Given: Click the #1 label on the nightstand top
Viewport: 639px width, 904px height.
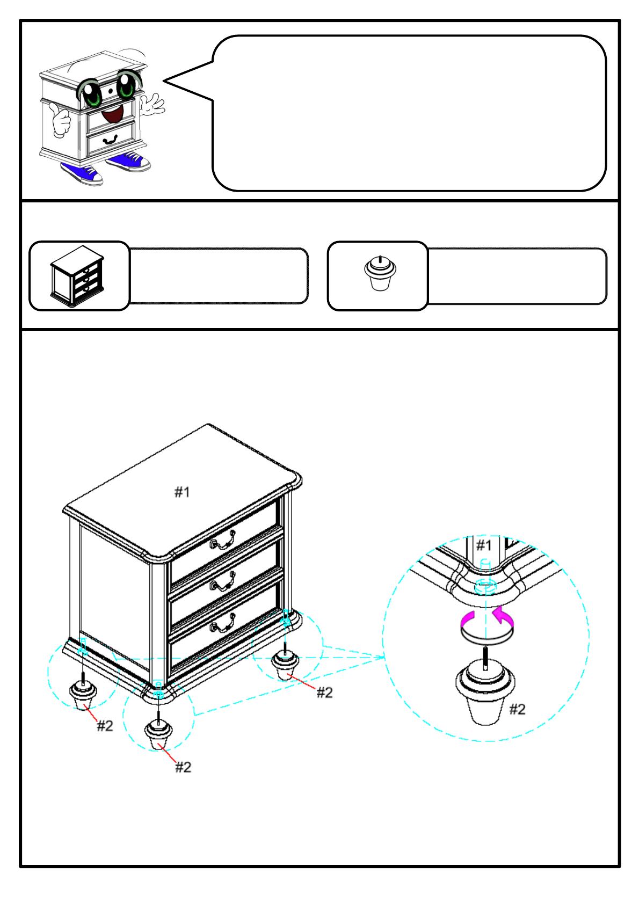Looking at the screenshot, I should (x=182, y=492).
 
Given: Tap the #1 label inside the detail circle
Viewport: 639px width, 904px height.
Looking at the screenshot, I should (x=484, y=545).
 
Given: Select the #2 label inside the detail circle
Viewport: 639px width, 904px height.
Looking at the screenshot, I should (x=517, y=709).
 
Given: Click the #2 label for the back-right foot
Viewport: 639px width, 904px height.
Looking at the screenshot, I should (x=324, y=692).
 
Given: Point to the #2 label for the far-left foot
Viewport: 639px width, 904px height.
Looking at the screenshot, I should (x=105, y=726).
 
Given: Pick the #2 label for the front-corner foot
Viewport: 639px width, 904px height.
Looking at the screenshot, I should (x=183, y=767).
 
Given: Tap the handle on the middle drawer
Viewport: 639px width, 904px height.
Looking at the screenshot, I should (x=223, y=582).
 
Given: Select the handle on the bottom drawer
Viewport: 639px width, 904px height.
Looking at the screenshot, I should (x=223, y=623).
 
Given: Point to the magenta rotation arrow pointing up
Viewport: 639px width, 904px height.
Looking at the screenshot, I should (x=503, y=616).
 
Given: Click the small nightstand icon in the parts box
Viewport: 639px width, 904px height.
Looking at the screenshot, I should (x=77, y=276).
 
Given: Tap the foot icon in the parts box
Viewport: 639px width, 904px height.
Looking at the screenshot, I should (x=380, y=274).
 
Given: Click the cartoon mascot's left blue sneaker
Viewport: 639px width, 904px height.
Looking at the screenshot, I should (x=82, y=173).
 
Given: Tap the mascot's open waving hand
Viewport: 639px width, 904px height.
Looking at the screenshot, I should (x=152, y=104).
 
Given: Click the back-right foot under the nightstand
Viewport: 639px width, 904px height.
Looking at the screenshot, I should (x=285, y=666).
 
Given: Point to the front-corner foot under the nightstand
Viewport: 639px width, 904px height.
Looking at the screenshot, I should (x=158, y=734).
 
